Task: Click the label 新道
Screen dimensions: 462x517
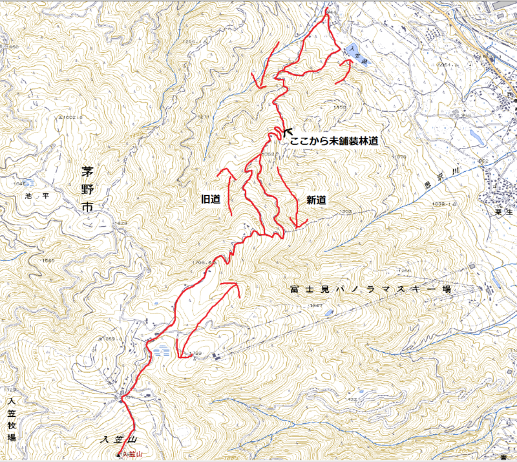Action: (x=315, y=200)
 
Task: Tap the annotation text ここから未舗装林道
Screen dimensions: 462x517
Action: (x=333, y=140)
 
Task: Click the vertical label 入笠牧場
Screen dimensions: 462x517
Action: (x=10, y=420)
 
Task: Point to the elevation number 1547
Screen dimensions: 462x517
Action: (x=316, y=305)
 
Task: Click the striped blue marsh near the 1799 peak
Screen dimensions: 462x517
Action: (x=162, y=352)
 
